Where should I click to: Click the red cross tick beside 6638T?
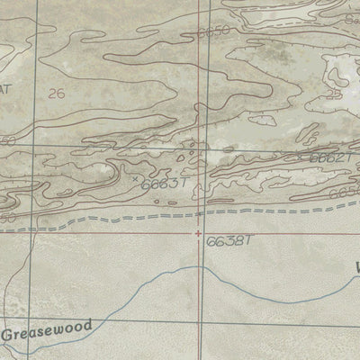(x=199, y=234)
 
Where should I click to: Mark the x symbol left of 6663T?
(x=136, y=179)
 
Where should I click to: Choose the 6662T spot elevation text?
(x=329, y=158)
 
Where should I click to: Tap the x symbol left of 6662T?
(x=303, y=156)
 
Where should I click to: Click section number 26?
(x=58, y=94)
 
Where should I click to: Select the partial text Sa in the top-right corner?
(x=352, y=17)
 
